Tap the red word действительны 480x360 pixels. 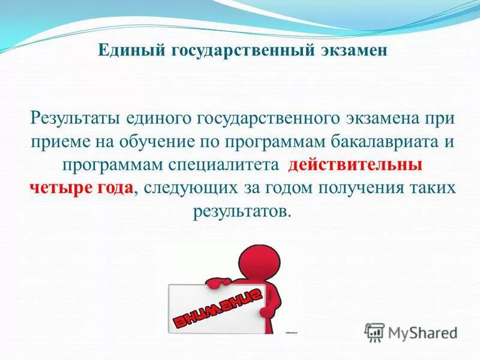[355, 164]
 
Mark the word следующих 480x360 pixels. [189, 187]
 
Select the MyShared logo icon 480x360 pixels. [374, 332]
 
